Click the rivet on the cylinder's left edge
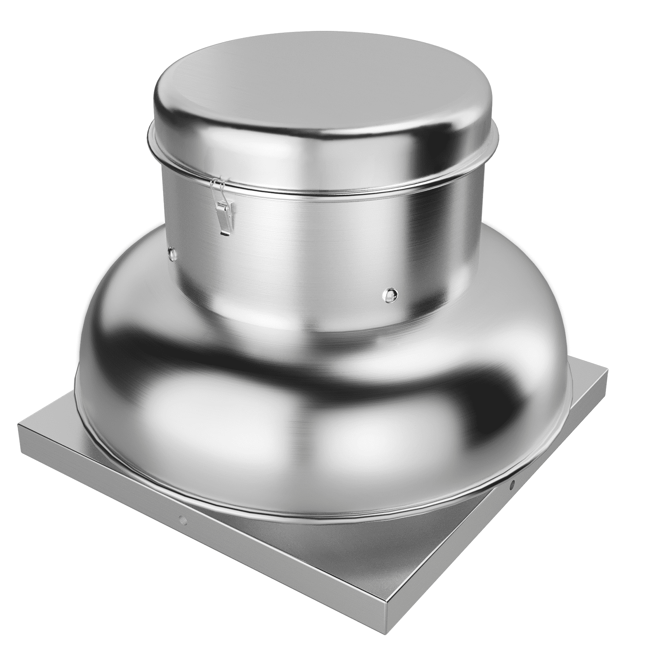(x=170, y=252)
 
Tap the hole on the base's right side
(x=512, y=484)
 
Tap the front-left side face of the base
(x=203, y=539)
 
